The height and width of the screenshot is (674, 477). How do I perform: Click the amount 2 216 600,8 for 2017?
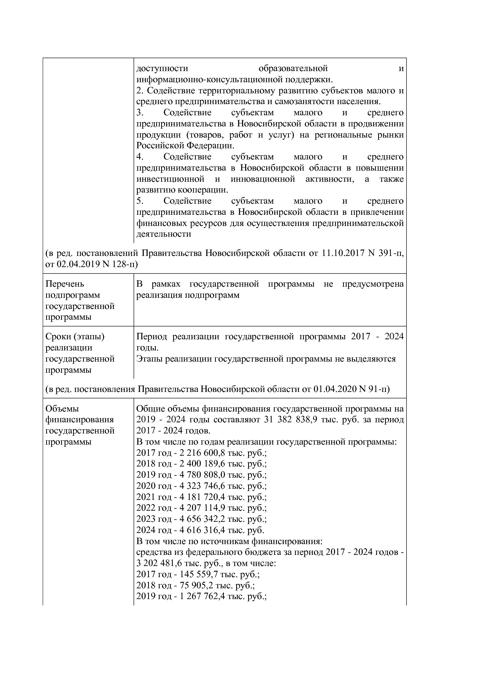point(202,453)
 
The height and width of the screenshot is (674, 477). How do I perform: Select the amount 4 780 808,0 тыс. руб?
point(202,475)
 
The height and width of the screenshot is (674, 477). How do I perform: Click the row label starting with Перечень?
point(65,284)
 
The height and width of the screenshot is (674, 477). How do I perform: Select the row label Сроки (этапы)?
point(75,337)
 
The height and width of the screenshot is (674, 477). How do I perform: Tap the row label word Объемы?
point(62,408)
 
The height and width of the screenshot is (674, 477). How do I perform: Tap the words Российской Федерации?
point(185,146)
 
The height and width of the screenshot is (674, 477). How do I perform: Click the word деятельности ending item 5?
point(163,234)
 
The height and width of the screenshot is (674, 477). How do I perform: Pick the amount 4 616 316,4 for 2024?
point(202,530)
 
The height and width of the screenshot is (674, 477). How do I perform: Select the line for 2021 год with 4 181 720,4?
point(201,497)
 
